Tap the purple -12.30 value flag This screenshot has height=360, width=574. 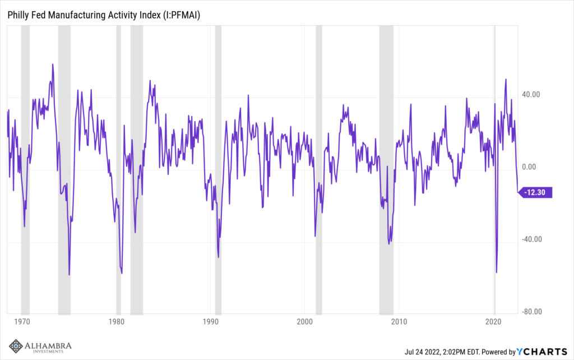(x=536, y=192)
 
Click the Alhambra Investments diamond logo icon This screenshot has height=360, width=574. (x=16, y=347)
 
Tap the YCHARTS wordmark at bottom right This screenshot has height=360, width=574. (x=541, y=352)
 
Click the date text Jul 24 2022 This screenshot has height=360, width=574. (x=426, y=352)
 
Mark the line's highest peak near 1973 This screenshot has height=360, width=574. (x=53, y=64)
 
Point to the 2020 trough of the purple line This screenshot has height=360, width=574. (x=497, y=273)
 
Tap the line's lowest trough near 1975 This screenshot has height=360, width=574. (x=69, y=275)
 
